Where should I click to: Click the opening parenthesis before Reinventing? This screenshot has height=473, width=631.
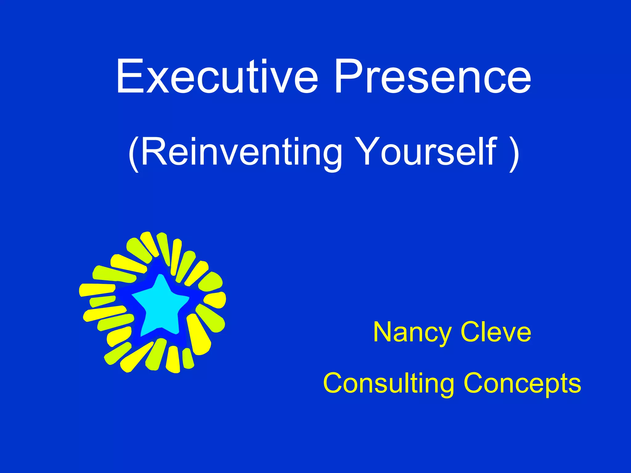(133, 153)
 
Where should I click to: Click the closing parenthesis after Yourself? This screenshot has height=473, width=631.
(514, 153)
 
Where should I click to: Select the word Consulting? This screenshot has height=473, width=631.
(388, 384)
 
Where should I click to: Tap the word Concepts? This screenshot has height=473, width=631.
(522, 384)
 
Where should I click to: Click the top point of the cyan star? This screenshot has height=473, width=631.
(160, 277)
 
